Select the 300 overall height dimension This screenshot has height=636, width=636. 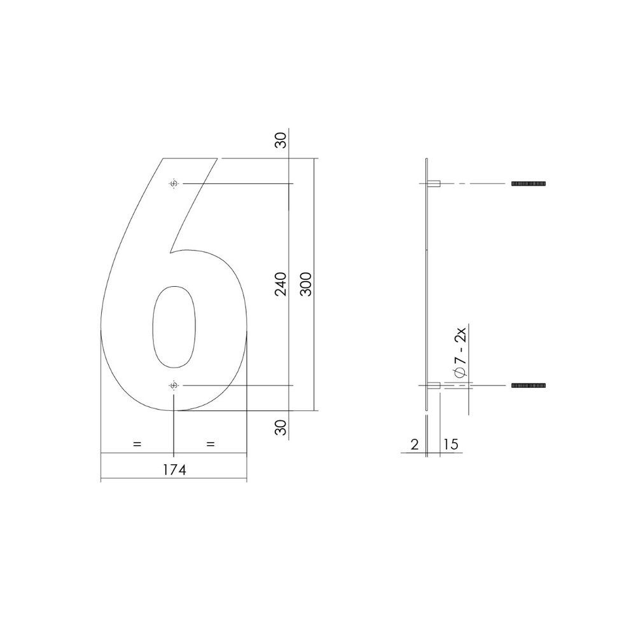(305, 284)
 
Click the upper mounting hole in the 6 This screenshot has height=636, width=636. (174, 184)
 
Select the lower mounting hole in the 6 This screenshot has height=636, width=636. (174, 385)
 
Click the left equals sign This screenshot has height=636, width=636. (137, 444)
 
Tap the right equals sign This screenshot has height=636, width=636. (211, 444)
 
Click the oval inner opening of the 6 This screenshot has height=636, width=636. (173, 327)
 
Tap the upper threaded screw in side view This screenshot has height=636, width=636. (529, 184)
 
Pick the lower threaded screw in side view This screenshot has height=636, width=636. (529, 385)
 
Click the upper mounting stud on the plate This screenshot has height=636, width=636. (436, 184)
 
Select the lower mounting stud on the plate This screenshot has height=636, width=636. (436, 385)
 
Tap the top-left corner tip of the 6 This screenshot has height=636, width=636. (164, 158)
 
